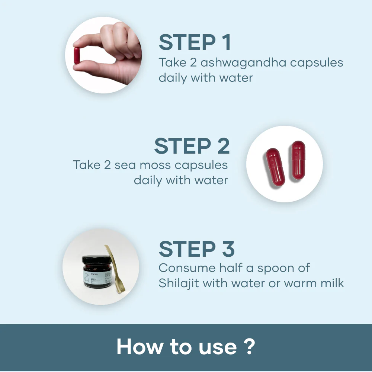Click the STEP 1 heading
(195, 42)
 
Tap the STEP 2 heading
(192, 146)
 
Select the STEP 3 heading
(196, 249)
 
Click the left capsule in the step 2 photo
(275, 167)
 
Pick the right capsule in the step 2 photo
(298, 160)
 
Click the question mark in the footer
(250, 347)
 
